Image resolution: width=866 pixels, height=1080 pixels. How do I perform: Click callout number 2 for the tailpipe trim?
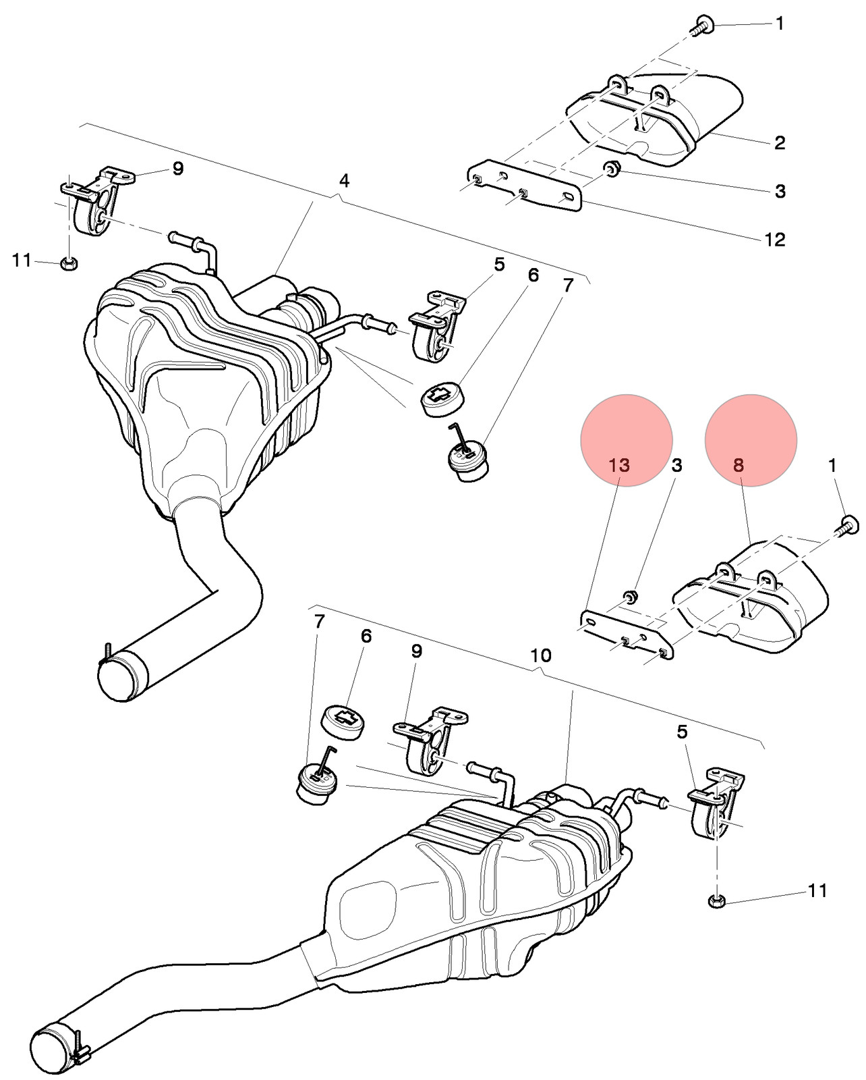pos(779,142)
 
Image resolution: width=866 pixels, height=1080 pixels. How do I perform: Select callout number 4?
pos(344,181)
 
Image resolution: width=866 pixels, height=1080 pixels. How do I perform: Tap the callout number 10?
pos(540,655)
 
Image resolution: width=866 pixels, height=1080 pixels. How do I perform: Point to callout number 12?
pos(775,240)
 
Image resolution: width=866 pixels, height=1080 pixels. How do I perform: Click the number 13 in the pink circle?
pos(619,465)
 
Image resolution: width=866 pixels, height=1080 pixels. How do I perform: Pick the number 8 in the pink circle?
pos(739,465)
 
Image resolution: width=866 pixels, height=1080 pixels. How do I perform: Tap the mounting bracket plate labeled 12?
pos(524,186)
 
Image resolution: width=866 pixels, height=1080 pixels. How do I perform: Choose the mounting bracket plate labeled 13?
pos(627,635)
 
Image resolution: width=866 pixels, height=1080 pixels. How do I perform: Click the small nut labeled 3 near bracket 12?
pos(611,169)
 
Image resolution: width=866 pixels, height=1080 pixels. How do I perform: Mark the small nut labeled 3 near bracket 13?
pos(630,597)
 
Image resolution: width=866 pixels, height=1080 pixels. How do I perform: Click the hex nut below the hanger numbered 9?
pos(68,263)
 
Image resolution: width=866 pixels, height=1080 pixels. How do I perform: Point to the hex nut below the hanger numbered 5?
pos(717,901)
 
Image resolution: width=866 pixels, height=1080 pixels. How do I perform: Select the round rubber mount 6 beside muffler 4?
pos(442,400)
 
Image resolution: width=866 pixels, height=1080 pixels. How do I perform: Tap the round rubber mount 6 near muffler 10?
pos(343,723)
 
